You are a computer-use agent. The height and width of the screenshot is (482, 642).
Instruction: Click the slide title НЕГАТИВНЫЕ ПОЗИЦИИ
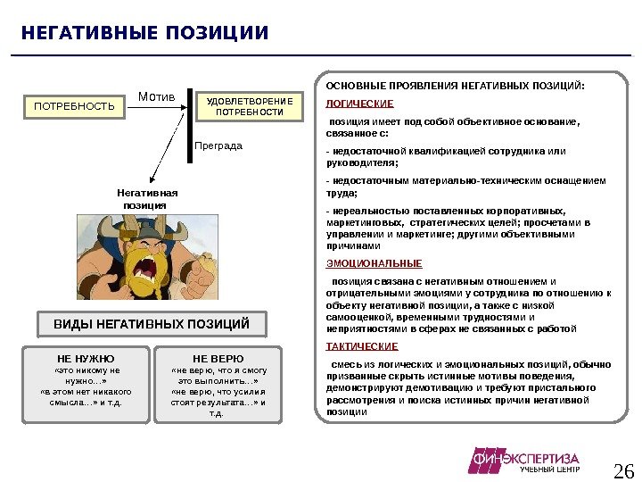coord(144,34)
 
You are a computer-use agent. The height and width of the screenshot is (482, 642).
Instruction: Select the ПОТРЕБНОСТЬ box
coord(75,107)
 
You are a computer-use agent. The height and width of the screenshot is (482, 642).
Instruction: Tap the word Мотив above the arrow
coord(155,96)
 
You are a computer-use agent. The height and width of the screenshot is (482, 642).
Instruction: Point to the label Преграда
coord(218,145)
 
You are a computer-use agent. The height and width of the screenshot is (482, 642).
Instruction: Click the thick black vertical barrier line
coord(190,125)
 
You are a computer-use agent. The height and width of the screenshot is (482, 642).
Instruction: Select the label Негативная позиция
coord(148,198)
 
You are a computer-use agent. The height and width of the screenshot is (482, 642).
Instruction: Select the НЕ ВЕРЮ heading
coord(218,358)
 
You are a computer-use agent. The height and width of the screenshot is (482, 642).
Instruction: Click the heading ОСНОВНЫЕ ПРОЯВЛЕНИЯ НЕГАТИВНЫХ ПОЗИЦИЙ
coord(456,87)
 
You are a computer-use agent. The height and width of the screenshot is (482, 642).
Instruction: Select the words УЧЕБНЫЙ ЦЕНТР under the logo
coord(550,470)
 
